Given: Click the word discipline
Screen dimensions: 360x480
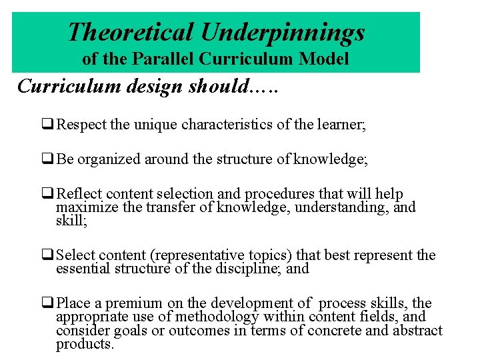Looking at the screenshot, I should [253, 269].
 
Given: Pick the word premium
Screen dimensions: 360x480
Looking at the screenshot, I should [120, 304].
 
